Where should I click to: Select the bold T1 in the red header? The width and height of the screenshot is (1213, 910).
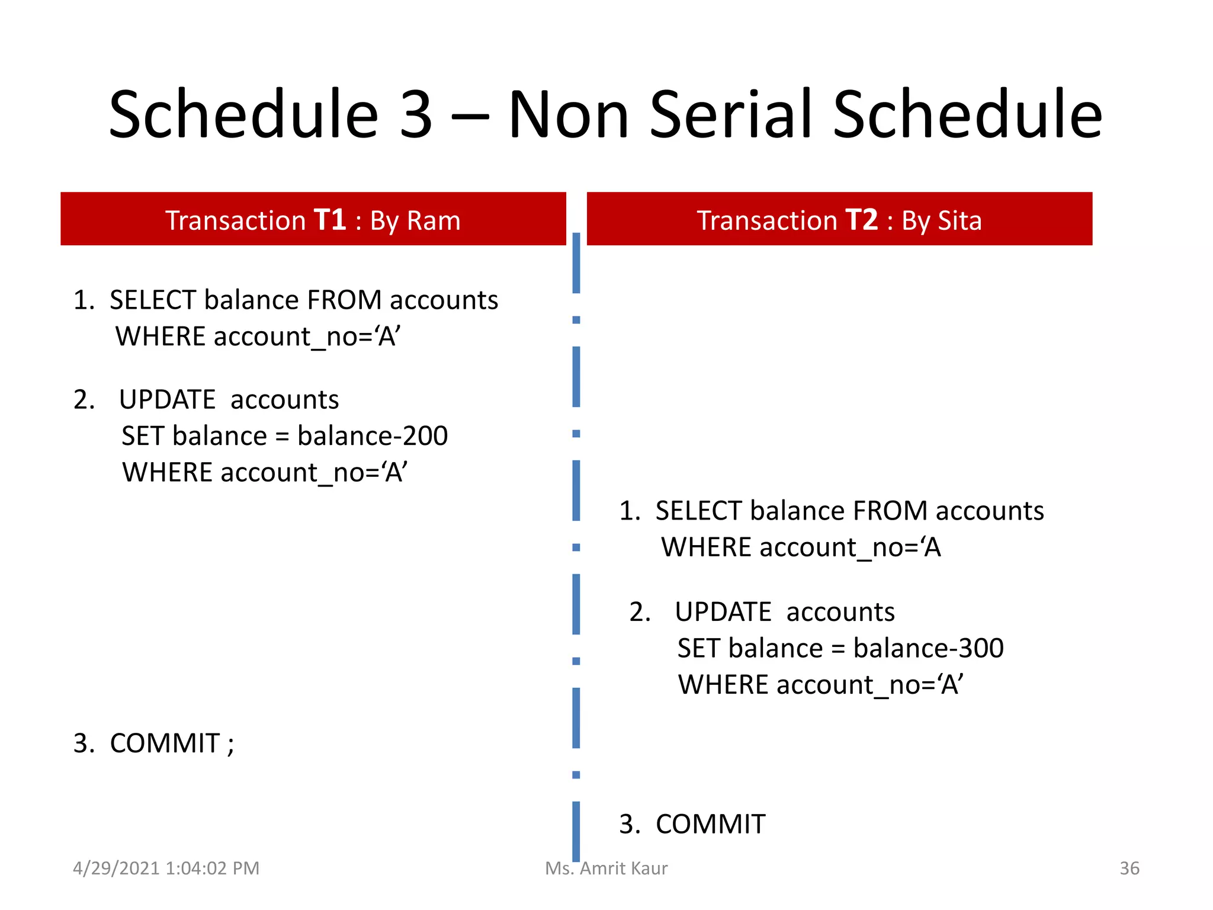pos(330,220)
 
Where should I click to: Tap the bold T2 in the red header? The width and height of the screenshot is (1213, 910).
pos(861,220)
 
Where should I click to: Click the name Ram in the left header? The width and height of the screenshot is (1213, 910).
pos(434,221)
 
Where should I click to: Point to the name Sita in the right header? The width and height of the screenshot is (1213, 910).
pos(959,221)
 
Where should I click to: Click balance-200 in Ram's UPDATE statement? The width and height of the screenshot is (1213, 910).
pos(373,436)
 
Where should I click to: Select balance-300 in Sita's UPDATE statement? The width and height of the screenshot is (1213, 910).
pos(928,648)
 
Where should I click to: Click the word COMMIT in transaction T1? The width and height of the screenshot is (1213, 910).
pos(165,744)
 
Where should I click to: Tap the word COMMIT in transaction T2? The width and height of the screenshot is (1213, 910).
pos(710,824)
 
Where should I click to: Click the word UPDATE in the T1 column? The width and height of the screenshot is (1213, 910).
pos(167,400)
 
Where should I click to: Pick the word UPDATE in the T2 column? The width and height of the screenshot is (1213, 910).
pos(723,612)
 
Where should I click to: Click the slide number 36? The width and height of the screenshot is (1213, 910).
pos(1129,869)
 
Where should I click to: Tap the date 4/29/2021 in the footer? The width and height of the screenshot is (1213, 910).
pos(116,869)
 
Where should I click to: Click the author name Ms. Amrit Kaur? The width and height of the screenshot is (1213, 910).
pos(606,869)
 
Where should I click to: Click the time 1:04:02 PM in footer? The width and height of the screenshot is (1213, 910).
pos(213,869)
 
